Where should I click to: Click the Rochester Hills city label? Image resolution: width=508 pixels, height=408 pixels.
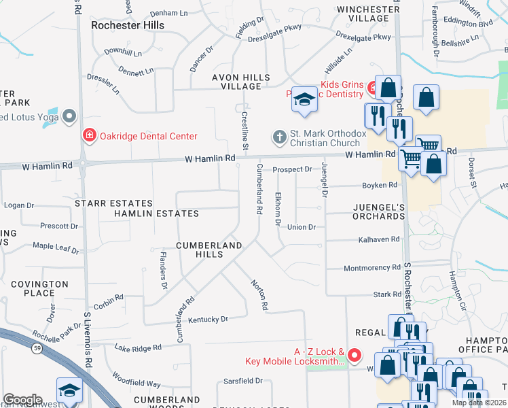[x=127, y=24]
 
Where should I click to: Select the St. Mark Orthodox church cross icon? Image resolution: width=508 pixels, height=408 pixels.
[x=279, y=137]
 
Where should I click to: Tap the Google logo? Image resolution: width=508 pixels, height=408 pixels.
[x=22, y=400]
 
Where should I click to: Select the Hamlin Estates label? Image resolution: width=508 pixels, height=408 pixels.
[x=156, y=214]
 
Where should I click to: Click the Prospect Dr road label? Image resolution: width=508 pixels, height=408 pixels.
[x=292, y=169]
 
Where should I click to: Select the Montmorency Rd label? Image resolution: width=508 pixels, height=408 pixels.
[x=372, y=268]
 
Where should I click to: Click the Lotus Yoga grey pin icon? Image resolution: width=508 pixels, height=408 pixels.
[x=69, y=118]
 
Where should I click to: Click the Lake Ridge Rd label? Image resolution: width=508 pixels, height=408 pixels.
[x=138, y=347]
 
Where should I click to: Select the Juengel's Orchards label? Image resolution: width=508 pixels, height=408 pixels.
[x=378, y=211]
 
